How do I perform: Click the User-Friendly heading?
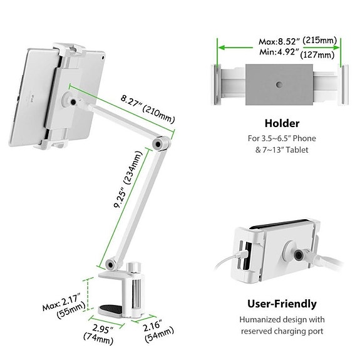pyautogui.click(x=281, y=304)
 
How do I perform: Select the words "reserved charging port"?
pyautogui.click(x=282, y=331)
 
